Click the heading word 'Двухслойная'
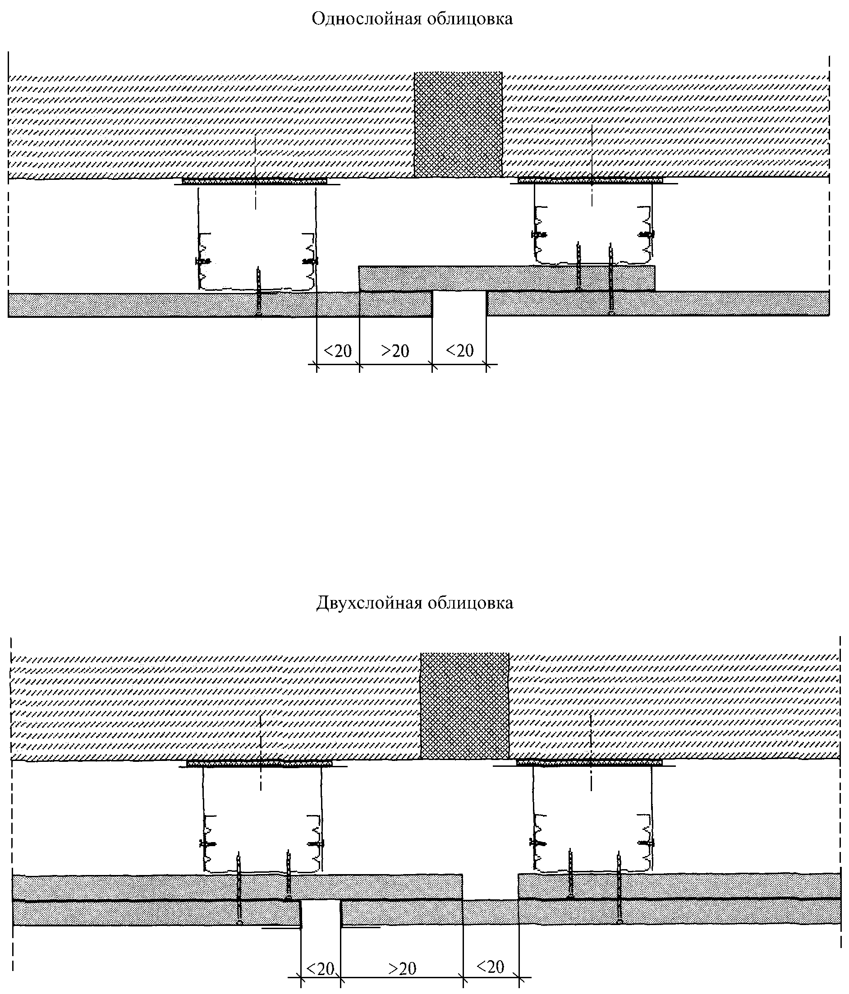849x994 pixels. pyautogui.click(x=367, y=603)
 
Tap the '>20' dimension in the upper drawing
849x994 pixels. pyautogui.click(x=395, y=351)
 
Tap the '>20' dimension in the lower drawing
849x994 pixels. pyautogui.click(x=402, y=969)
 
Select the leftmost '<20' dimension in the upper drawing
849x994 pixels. pyautogui.click(x=338, y=351)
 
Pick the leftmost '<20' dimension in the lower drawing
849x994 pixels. pyautogui.click(x=320, y=969)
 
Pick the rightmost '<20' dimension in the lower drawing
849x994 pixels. pyautogui.click(x=491, y=967)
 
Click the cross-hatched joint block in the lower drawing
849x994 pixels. pyautogui.click(x=464, y=705)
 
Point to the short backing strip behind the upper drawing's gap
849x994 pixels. pyautogui.click(x=506, y=278)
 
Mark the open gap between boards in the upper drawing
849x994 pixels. pyautogui.click(x=459, y=304)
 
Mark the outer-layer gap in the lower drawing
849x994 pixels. pyautogui.click(x=321, y=913)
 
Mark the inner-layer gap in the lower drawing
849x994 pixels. pyautogui.click(x=490, y=887)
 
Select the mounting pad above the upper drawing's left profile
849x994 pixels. pyautogui.click(x=254, y=181)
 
